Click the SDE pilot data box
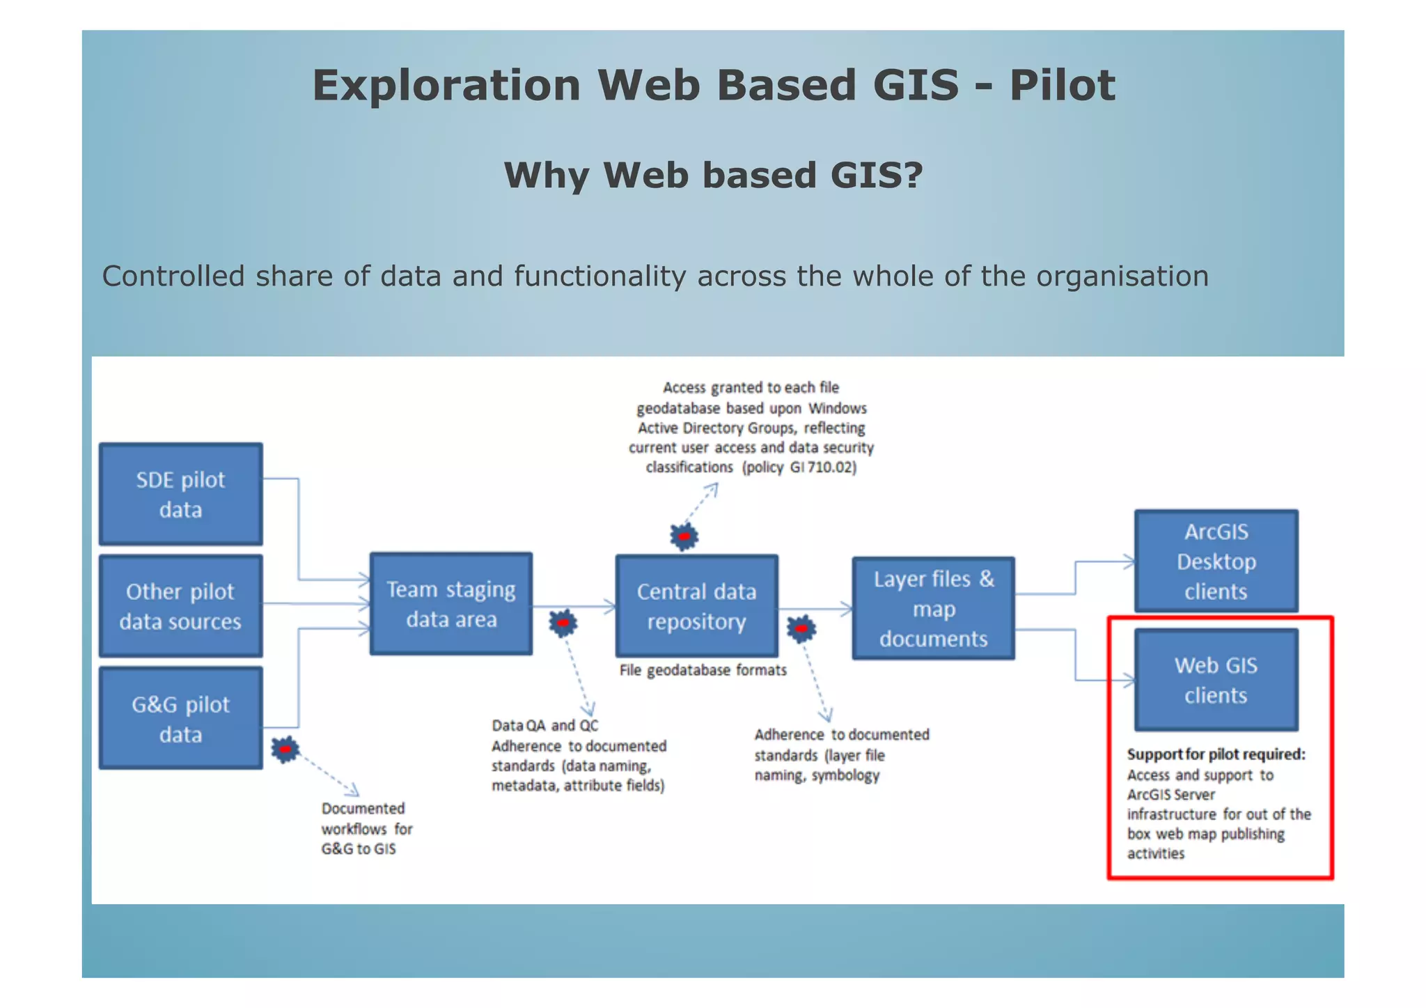tap(180, 494)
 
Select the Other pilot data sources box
tap(180, 606)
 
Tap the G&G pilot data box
tap(180, 718)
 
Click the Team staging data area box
tap(451, 604)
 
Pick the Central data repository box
tap(696, 606)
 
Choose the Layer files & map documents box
tap(933, 608)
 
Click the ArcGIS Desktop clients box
tap(1216, 561)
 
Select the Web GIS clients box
tap(1216, 680)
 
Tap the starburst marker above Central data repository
tap(684, 536)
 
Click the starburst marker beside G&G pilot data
tap(285, 750)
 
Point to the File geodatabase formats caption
tap(703, 670)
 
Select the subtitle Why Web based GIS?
tap(713, 175)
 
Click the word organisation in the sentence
tap(1122, 277)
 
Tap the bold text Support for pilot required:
tap(1216, 754)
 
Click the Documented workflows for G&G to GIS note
tap(366, 828)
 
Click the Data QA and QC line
tap(544, 726)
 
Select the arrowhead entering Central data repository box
tap(610, 607)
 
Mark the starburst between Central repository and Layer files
tap(801, 628)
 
